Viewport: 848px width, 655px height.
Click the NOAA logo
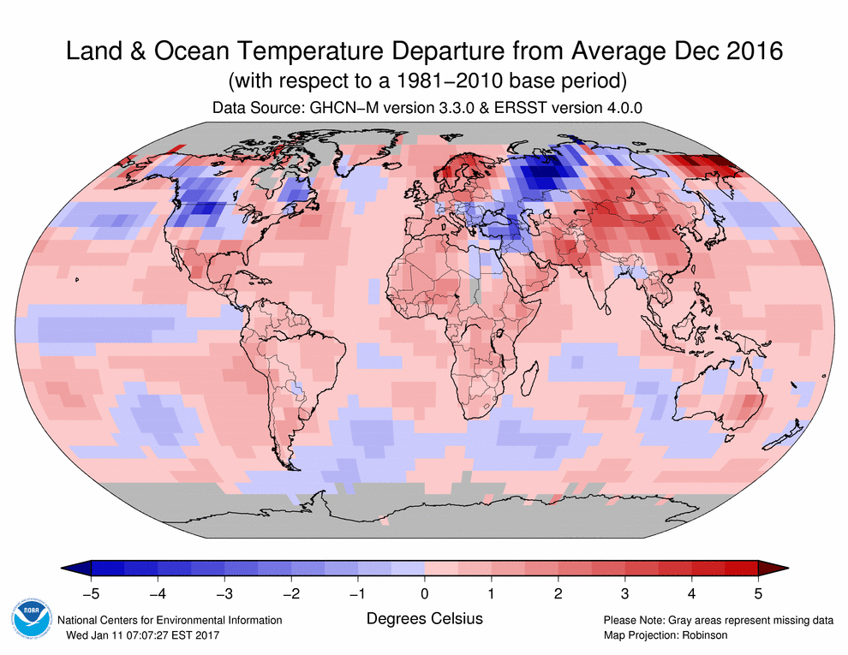coord(33,620)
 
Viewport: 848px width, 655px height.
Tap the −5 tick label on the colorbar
coord(90,592)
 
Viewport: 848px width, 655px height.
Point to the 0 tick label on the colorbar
coord(425,592)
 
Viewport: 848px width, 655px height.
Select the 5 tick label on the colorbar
coord(758,592)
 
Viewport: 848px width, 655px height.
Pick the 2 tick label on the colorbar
coord(558,592)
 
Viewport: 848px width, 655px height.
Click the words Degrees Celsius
coord(424,618)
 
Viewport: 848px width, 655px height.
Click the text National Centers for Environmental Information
coord(169,620)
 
